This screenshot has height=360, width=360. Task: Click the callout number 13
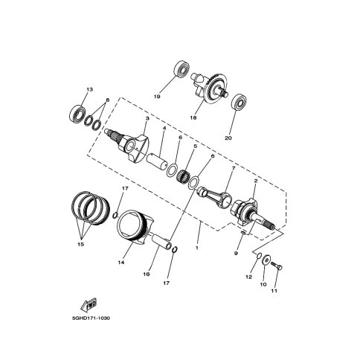tap(89, 89)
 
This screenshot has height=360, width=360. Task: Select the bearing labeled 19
tap(181, 69)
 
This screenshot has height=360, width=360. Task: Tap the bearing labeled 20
tap(240, 102)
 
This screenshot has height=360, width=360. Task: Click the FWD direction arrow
tap(89, 305)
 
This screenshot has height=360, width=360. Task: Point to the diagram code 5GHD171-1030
tap(91, 318)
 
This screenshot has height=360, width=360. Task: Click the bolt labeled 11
tap(276, 266)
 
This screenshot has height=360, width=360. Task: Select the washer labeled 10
tap(266, 260)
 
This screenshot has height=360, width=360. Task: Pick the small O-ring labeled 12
tap(259, 255)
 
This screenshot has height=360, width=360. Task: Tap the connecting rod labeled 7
tap(215, 196)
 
